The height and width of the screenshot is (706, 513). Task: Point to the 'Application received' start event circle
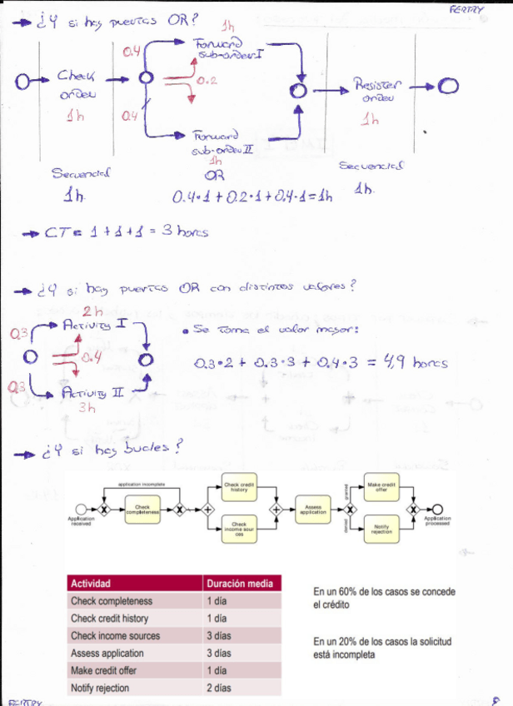[x=81, y=510]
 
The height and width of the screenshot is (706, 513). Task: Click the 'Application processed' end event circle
[x=436, y=510]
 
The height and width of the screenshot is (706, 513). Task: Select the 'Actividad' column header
[x=92, y=584]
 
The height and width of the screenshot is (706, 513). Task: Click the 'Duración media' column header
[x=241, y=584]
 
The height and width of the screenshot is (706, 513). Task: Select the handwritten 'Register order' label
[x=376, y=89]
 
